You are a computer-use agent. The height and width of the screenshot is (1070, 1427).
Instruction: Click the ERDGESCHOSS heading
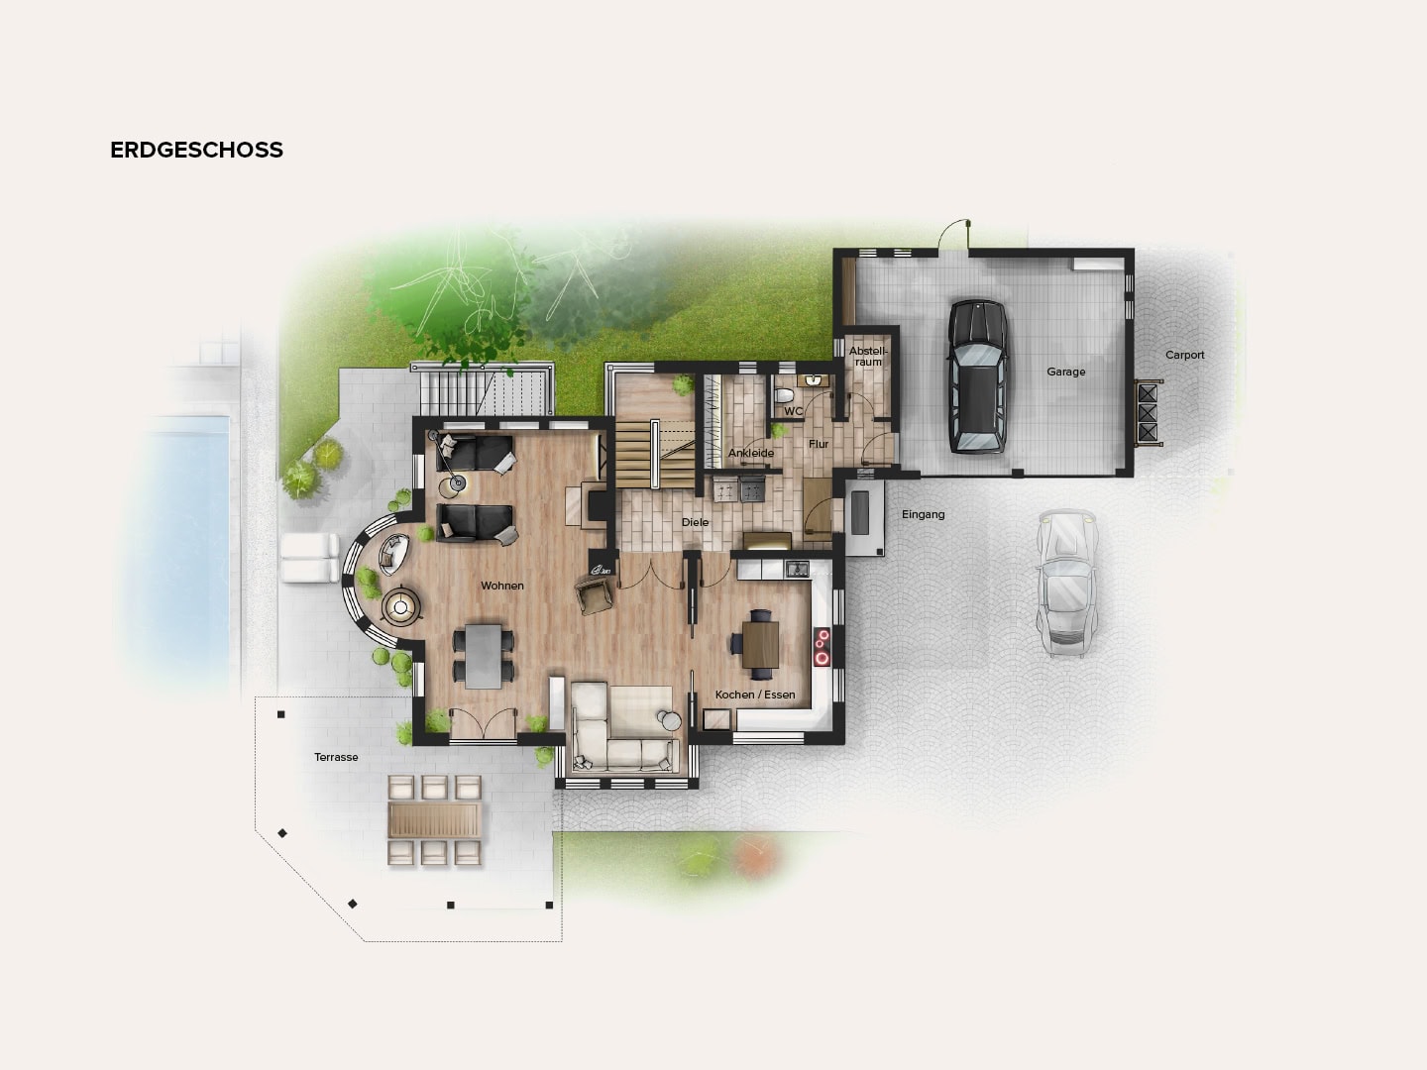tap(196, 150)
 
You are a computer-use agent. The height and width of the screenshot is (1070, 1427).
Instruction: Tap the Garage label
tap(1065, 372)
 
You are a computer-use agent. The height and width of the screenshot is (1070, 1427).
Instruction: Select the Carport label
tap(1184, 355)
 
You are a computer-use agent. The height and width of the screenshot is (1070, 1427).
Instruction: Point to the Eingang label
tap(923, 514)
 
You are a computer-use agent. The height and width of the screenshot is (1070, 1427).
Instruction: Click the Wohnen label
tap(502, 586)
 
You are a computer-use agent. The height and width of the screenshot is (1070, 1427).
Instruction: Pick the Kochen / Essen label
tap(755, 695)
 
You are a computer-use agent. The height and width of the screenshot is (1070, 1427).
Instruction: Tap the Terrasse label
tap(336, 757)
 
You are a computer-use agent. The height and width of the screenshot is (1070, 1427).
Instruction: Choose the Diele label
tap(695, 522)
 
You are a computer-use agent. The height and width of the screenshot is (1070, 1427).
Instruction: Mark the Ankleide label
tap(750, 453)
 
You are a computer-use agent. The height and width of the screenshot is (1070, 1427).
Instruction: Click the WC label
tap(794, 411)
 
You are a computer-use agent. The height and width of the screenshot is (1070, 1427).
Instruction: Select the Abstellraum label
tap(868, 357)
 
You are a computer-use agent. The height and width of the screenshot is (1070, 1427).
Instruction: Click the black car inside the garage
tap(977, 376)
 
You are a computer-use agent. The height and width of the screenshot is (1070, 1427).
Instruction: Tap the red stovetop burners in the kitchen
tap(822, 646)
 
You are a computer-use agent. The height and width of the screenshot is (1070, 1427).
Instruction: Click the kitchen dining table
tap(760, 642)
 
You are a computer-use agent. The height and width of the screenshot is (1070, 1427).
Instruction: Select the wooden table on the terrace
tap(435, 819)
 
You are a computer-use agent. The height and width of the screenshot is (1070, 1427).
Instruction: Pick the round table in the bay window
tap(401, 607)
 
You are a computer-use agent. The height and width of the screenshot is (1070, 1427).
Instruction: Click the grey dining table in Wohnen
tap(485, 654)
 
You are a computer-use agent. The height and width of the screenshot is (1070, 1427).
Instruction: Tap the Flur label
tap(819, 444)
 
